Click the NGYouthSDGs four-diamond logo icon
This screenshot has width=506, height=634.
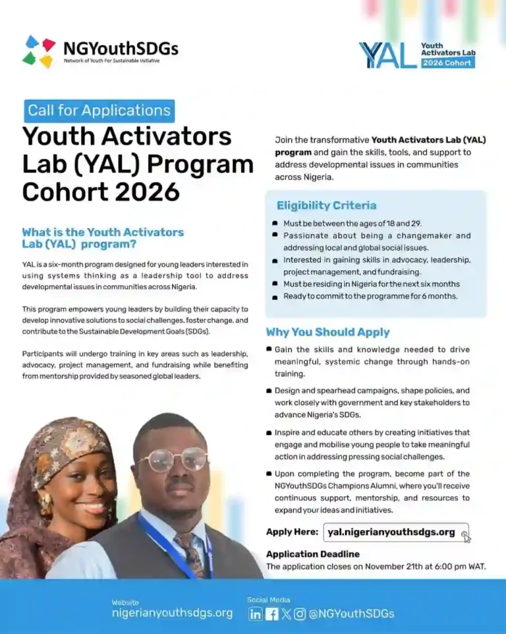pyautogui.click(x=39, y=51)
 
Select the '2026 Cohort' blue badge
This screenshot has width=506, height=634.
pyautogui.click(x=447, y=63)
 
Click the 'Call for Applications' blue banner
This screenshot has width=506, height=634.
pyautogui.click(x=99, y=111)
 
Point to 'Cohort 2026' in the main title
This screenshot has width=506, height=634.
pyautogui.click(x=101, y=191)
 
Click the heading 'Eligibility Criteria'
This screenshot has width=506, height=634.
pyautogui.click(x=326, y=206)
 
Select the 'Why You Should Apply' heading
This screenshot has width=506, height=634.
pyautogui.click(x=327, y=332)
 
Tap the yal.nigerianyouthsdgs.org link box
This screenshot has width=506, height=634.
pyautogui.click(x=395, y=532)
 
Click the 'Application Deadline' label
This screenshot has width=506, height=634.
pyautogui.click(x=312, y=554)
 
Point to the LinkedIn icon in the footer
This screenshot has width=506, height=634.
pyautogui.click(x=256, y=614)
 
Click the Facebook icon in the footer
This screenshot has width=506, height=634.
pyautogui.click(x=271, y=614)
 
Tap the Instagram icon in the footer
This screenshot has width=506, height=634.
pyautogui.click(x=300, y=614)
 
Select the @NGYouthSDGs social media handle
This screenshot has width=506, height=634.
pyautogui.click(x=351, y=614)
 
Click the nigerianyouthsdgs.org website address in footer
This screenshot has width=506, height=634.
pyautogui.click(x=172, y=613)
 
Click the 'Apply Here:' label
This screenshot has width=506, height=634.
pyautogui.click(x=292, y=532)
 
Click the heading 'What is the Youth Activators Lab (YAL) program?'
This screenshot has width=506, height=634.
pyautogui.click(x=103, y=238)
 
